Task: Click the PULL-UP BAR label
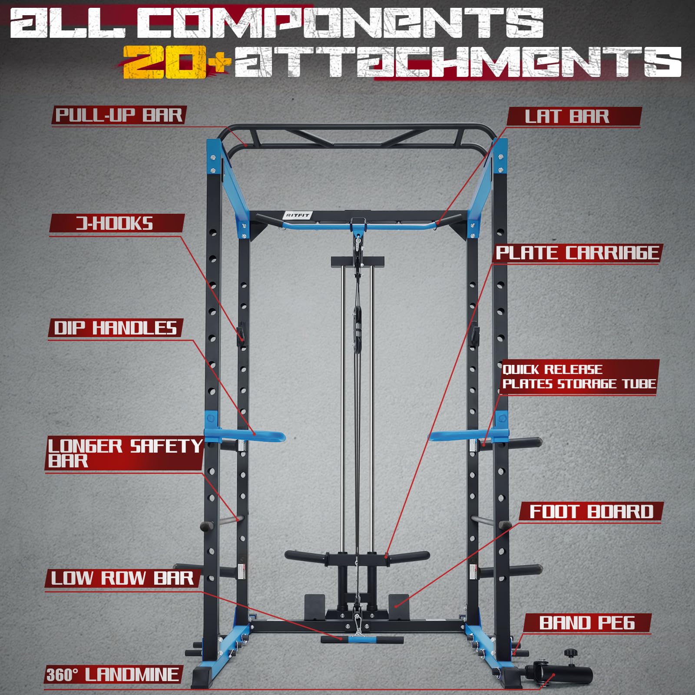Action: click(119, 116)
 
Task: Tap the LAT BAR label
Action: click(567, 116)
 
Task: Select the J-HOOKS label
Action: click(115, 224)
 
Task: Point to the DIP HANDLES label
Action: click(115, 328)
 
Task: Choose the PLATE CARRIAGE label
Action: click(577, 253)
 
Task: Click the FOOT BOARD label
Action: click(591, 512)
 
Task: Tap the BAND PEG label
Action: click(587, 623)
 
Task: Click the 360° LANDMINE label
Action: click(113, 675)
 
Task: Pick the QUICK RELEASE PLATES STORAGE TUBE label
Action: click(579, 377)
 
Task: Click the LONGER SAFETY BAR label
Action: click(124, 453)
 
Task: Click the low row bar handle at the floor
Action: click(362, 639)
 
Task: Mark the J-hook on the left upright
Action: click(240, 334)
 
